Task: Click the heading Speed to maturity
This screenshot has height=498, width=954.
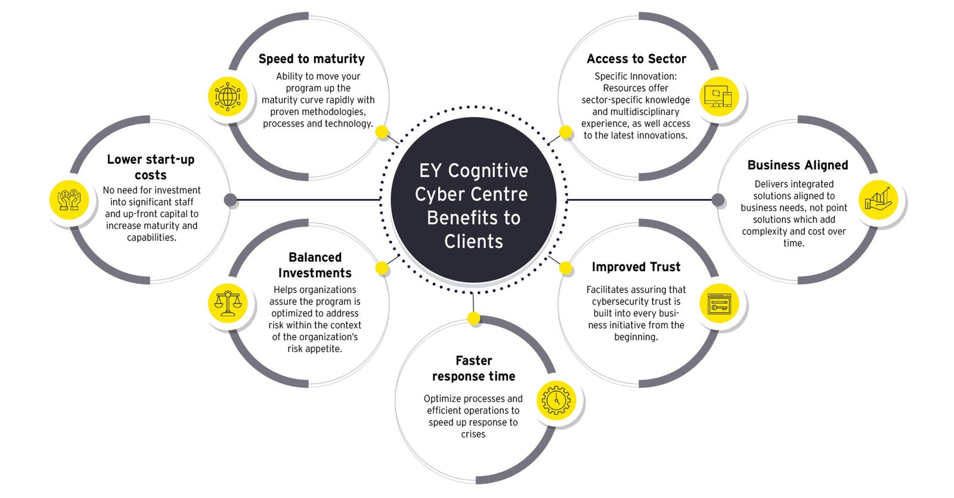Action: pyautogui.click(x=311, y=59)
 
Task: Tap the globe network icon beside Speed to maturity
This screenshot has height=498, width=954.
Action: pyautogui.click(x=227, y=96)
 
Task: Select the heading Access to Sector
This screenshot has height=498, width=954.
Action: pyautogui.click(x=636, y=59)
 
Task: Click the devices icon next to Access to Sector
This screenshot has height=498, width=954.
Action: pyautogui.click(x=718, y=96)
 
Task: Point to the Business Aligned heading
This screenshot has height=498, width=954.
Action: pyautogui.click(x=797, y=165)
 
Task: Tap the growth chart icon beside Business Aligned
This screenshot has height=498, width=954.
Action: pyautogui.click(x=878, y=199)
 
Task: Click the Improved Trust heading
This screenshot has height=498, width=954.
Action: pyautogui.click(x=636, y=267)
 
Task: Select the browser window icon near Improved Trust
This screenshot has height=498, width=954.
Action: pyautogui.click(x=718, y=304)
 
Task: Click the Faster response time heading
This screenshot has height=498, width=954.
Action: pyautogui.click(x=473, y=368)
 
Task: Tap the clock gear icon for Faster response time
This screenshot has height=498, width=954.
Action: pyautogui.click(x=556, y=400)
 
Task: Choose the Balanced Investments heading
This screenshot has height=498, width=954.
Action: pyautogui.click(x=315, y=265)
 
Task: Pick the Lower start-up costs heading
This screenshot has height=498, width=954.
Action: pyautogui.click(x=150, y=167)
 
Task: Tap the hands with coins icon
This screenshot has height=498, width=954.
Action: pyautogui.click(x=69, y=200)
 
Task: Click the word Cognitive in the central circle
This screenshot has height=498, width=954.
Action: pyautogui.click(x=488, y=171)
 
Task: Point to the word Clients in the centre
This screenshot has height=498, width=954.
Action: pyautogui.click(x=473, y=241)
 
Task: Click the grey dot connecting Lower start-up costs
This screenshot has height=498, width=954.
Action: pyautogui.click(x=231, y=200)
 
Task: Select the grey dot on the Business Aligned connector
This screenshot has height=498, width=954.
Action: pyautogui.click(x=718, y=200)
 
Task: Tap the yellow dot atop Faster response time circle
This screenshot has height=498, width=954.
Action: pyautogui.click(x=473, y=319)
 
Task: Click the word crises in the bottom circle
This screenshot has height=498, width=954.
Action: pyautogui.click(x=473, y=434)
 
